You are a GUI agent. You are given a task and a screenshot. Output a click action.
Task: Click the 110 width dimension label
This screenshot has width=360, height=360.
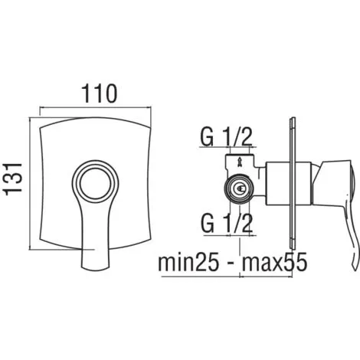pyautogui.click(x=100, y=93)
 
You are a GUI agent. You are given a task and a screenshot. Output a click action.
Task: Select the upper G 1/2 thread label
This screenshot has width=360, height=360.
pyautogui.click(x=226, y=137)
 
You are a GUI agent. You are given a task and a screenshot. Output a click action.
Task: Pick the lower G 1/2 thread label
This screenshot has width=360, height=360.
pyautogui.click(x=227, y=223)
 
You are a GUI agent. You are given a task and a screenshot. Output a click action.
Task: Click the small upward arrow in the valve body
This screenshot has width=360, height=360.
pyautogui.click(x=240, y=162)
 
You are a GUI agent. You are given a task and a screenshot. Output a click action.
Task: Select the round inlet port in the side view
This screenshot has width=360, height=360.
pyautogui.click(x=239, y=189)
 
